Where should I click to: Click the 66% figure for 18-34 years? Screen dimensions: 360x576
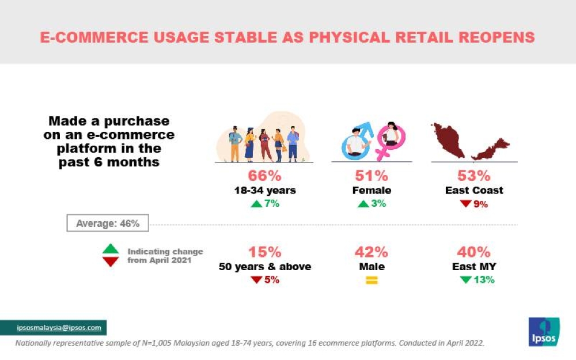(264, 175)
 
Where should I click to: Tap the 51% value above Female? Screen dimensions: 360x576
(372, 175)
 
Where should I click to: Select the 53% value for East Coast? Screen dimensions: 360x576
(474, 175)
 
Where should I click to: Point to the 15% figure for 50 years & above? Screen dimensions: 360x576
(265, 252)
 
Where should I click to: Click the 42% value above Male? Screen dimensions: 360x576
(372, 252)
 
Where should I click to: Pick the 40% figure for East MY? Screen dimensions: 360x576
(473, 252)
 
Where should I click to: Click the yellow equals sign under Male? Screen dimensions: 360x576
(372, 281)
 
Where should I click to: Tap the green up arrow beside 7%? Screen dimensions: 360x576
(256, 203)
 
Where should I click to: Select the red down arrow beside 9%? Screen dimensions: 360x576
(465, 203)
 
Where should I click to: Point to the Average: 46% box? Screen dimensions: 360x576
(108, 223)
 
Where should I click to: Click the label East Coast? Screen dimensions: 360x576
(474, 190)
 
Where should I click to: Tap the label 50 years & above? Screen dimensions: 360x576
(265, 267)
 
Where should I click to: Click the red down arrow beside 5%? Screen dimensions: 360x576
(256, 280)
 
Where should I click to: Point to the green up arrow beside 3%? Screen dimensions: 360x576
(363, 203)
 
